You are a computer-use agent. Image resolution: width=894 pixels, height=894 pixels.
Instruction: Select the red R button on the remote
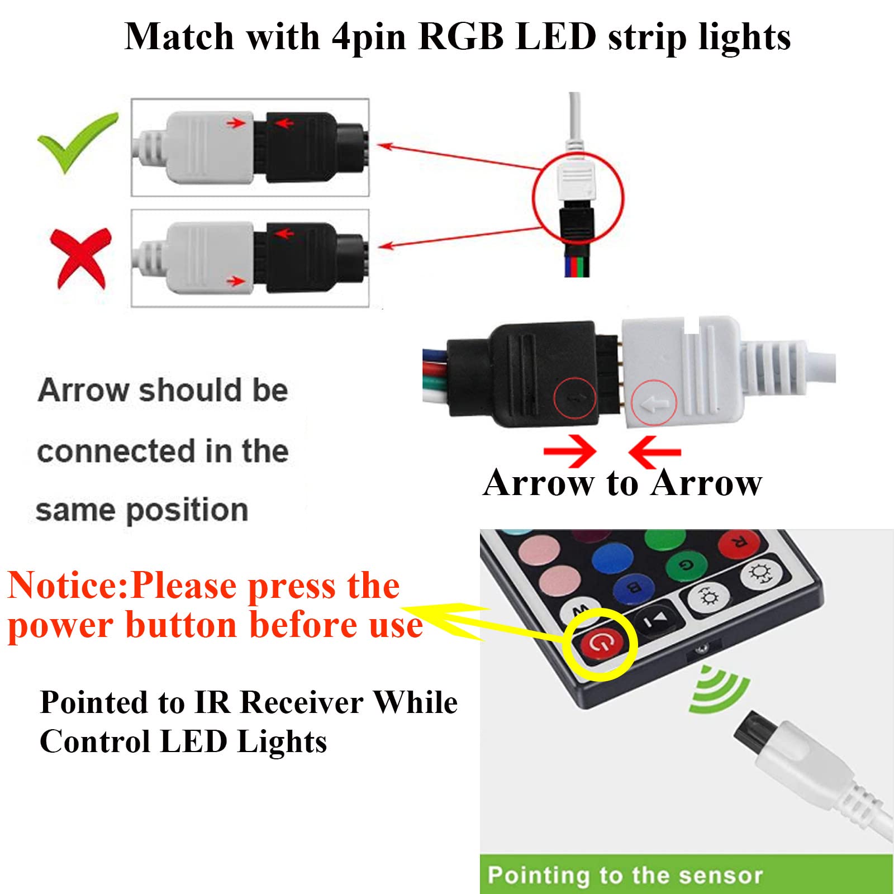coord(739,543)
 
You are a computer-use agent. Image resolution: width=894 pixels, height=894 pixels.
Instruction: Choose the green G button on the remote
coord(685,565)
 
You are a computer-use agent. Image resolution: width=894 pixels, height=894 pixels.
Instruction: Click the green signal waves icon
coord(718,690)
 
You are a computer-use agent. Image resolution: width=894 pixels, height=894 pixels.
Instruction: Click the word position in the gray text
coord(187,510)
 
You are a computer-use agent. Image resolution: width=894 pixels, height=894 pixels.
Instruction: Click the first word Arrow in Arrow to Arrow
coord(539,483)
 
